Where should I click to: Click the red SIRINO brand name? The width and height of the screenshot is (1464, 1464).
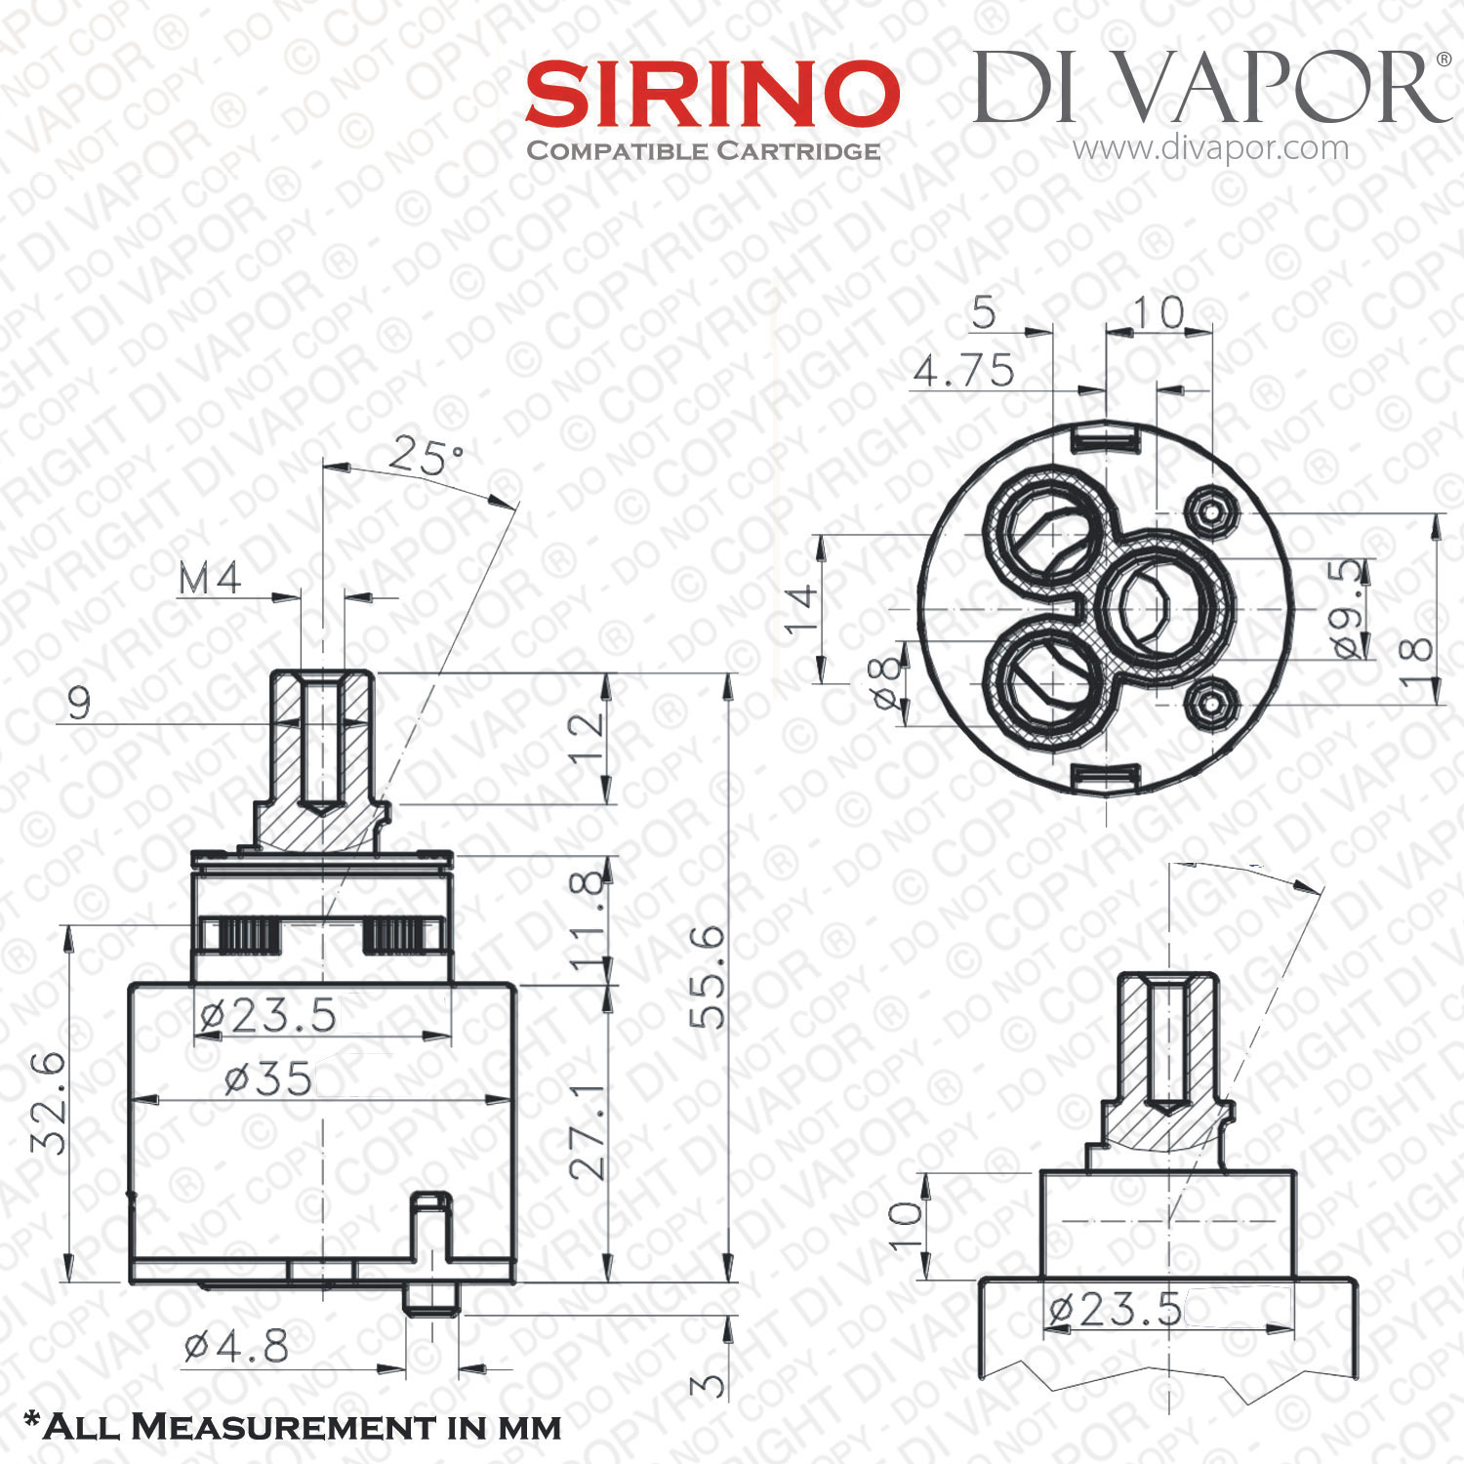712,94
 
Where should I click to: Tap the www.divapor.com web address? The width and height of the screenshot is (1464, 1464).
1210,148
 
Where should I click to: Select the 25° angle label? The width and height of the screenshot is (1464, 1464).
427,456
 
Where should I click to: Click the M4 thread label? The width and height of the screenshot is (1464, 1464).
210,579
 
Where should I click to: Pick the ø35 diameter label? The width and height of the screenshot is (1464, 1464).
268,1078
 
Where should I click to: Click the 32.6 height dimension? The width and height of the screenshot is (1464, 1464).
49,1103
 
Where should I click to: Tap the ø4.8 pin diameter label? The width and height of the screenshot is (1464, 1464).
236,1348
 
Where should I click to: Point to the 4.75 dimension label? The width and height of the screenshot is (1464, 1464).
964,371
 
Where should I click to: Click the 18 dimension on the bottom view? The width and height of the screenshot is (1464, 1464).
1414,664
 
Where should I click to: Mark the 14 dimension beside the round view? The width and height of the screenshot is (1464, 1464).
802,609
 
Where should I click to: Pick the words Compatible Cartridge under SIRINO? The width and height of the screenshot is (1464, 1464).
704,151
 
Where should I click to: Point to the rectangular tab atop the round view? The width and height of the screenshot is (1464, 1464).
1107,438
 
